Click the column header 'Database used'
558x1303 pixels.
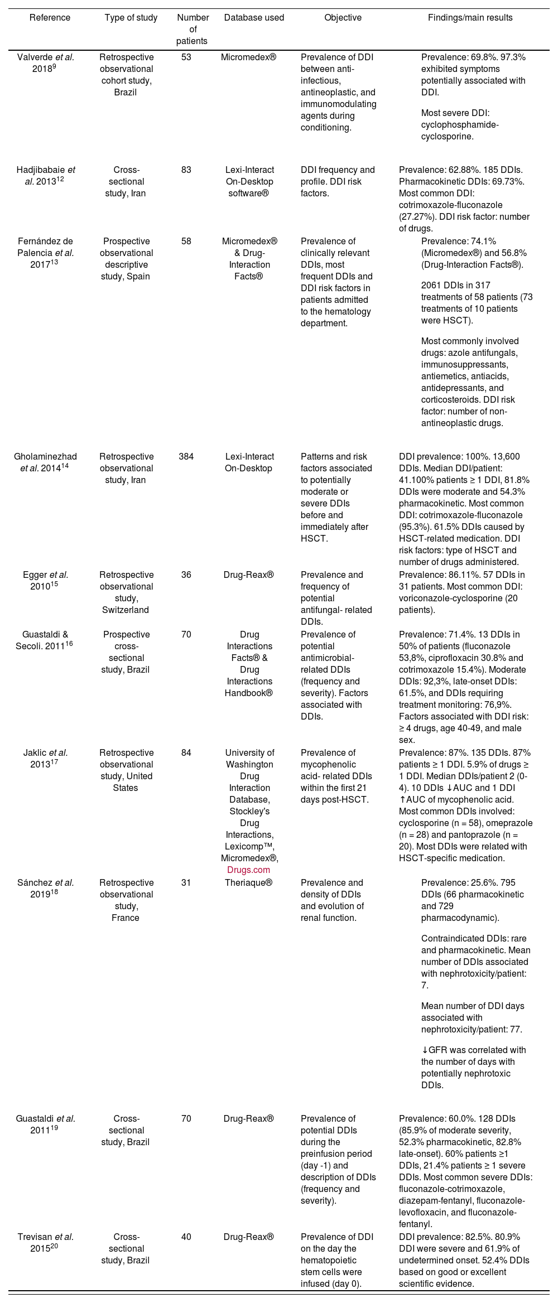tap(254, 18)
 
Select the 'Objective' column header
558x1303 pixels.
tap(343, 18)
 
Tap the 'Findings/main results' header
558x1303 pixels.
tap(470, 18)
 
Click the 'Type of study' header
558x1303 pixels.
tap(131, 18)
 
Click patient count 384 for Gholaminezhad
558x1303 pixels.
tap(186, 457)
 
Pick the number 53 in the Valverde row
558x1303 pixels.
tap(186, 57)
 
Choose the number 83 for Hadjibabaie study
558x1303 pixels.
tap(186, 170)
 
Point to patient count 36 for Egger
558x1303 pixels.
tap(186, 575)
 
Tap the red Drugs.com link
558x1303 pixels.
tap(248, 870)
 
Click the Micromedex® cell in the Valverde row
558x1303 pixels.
tap(248, 57)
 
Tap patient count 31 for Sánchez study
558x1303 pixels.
tap(186, 882)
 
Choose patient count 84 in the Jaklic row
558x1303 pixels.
tap(186, 753)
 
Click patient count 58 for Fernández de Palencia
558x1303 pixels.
tap(186, 242)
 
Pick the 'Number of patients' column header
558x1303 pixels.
tap(193, 30)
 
